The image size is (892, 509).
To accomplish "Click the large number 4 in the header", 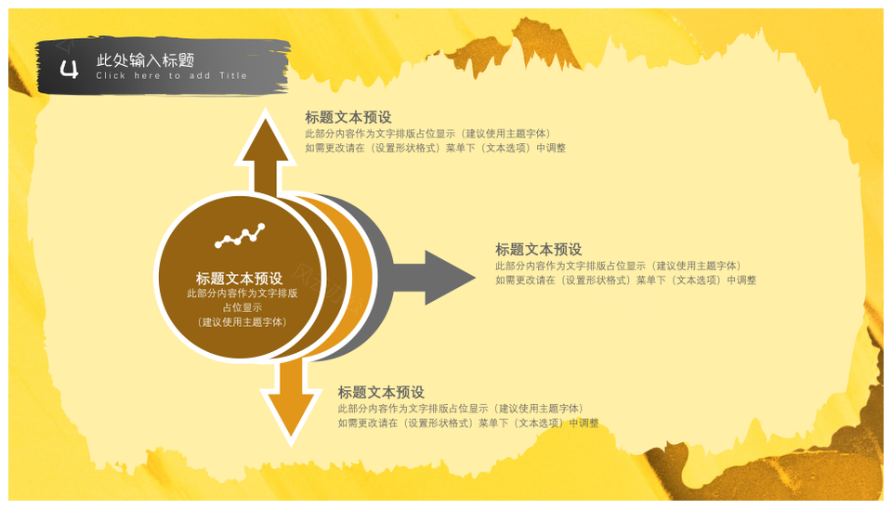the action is (x=69, y=70).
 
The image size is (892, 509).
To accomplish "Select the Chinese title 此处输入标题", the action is (x=146, y=59).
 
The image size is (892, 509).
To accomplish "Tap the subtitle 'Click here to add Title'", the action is (x=171, y=75).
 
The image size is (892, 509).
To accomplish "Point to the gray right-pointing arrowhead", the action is (x=450, y=278).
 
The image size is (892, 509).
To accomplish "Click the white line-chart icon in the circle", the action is (x=240, y=235).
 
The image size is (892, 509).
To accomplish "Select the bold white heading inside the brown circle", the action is (x=240, y=278).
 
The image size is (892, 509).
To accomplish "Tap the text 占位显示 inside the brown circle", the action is (x=243, y=307).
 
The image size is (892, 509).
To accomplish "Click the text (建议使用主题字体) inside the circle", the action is (x=243, y=322).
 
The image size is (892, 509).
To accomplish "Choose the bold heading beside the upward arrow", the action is (x=348, y=117).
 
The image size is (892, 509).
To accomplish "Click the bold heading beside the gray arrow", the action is (x=539, y=249).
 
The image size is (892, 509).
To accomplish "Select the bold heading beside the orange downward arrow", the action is (x=381, y=392).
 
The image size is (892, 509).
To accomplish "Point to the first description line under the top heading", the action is (x=428, y=134).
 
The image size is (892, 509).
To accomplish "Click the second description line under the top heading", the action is (x=435, y=148).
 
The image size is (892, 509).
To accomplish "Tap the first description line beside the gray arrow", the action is (x=619, y=266).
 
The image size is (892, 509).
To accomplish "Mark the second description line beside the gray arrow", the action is (x=625, y=280).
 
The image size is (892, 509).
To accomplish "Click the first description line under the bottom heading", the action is (x=462, y=409).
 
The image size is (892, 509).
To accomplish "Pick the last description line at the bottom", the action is (x=468, y=424).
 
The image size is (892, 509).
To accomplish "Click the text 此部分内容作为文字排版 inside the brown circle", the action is (x=243, y=294).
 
